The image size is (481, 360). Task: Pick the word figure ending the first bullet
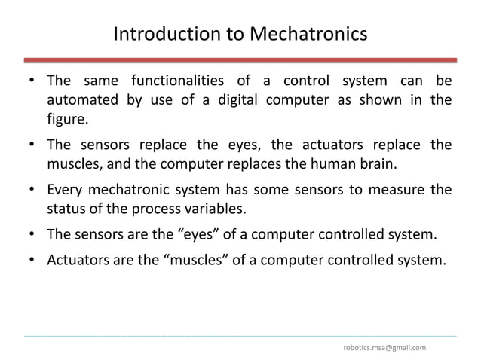pos(67,119)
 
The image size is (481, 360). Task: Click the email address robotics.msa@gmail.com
pos(384,347)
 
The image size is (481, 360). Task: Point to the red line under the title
pos(240,59)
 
